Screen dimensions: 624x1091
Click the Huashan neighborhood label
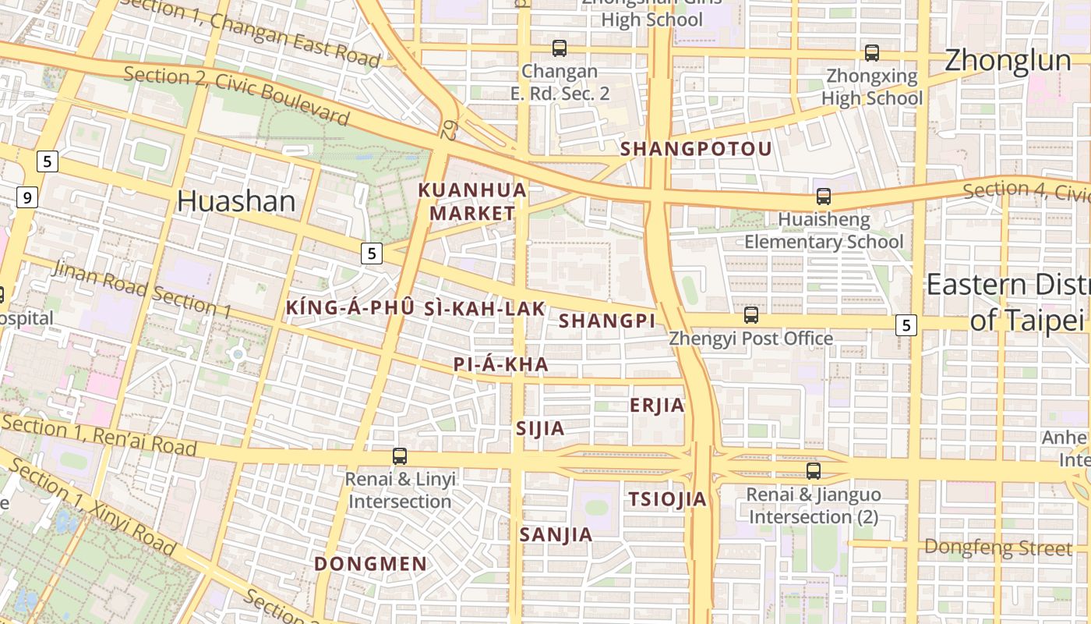click(x=236, y=201)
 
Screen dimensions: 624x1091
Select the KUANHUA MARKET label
click(x=472, y=201)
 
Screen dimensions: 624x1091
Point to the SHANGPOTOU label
click(x=696, y=149)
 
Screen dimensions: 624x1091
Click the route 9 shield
click(x=26, y=197)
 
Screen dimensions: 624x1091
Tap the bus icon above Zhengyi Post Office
click(x=750, y=315)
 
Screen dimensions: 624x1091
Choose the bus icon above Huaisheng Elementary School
click(x=823, y=197)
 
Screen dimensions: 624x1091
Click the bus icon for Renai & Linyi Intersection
click(x=400, y=456)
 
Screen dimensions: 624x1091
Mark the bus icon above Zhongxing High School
click(x=871, y=53)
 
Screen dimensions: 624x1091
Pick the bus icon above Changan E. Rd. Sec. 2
click(x=559, y=48)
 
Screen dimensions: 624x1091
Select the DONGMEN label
click(x=370, y=563)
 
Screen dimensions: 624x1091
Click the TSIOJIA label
click(x=667, y=499)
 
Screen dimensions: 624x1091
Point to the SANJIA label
click(x=556, y=534)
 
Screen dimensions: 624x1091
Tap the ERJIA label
click(x=657, y=406)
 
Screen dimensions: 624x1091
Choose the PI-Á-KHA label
click(x=501, y=364)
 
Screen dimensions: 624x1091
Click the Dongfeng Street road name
click(x=997, y=547)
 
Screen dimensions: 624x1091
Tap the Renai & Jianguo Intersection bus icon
click(x=814, y=471)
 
